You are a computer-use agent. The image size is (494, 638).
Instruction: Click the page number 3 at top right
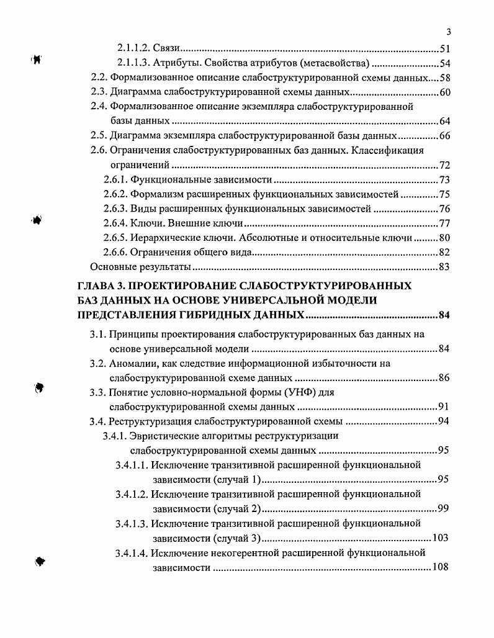pyautogui.click(x=448, y=33)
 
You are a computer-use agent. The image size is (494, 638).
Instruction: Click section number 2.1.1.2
pyautogui.click(x=135, y=48)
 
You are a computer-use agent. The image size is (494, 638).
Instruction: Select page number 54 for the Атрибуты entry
pyautogui.click(x=444, y=63)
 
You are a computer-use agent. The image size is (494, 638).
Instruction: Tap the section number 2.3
pyautogui.click(x=99, y=92)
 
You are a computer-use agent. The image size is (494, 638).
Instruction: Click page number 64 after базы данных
pyautogui.click(x=444, y=121)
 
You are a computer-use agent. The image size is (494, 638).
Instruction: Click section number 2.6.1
pyautogui.click(x=116, y=180)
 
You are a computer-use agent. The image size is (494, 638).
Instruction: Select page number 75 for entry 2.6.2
pyautogui.click(x=444, y=194)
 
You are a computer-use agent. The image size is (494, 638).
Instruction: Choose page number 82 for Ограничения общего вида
pyautogui.click(x=444, y=252)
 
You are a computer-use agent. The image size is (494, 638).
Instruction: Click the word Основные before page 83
pyautogui.click(x=112, y=267)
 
